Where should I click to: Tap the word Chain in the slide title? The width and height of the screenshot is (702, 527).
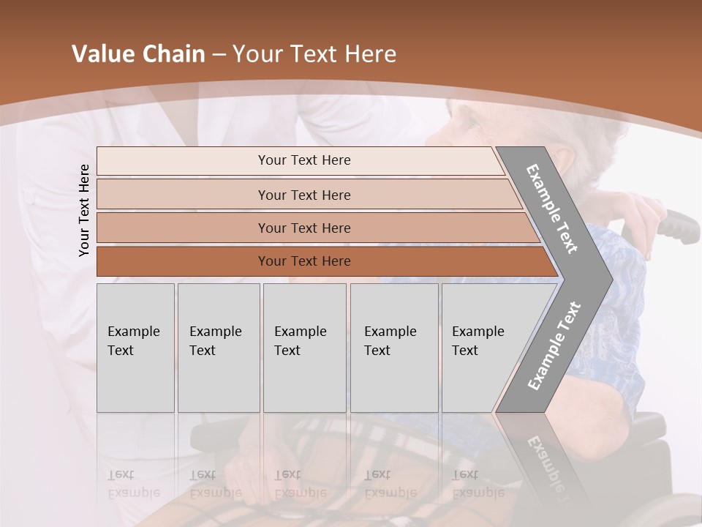pos(174,54)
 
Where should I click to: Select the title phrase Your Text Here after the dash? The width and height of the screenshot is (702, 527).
pos(314,54)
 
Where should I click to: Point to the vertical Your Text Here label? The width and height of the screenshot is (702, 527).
pos(84,210)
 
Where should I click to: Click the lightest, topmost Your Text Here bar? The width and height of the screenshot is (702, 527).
pos(303,160)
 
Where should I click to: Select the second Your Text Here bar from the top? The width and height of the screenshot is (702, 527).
pos(303,195)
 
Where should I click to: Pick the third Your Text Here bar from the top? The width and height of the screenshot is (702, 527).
pos(303,228)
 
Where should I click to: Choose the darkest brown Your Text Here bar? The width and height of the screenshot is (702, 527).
pos(303,261)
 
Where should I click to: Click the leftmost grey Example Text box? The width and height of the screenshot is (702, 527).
pos(135,348)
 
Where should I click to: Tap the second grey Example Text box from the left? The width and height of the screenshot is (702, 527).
pos(218,348)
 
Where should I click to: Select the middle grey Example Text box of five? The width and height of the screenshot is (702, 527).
pos(304,348)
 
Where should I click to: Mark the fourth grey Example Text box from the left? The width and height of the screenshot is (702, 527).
pos(393,348)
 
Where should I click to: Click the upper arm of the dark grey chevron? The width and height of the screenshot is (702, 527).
pos(552,209)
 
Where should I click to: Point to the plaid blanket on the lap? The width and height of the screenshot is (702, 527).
pos(351,454)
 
